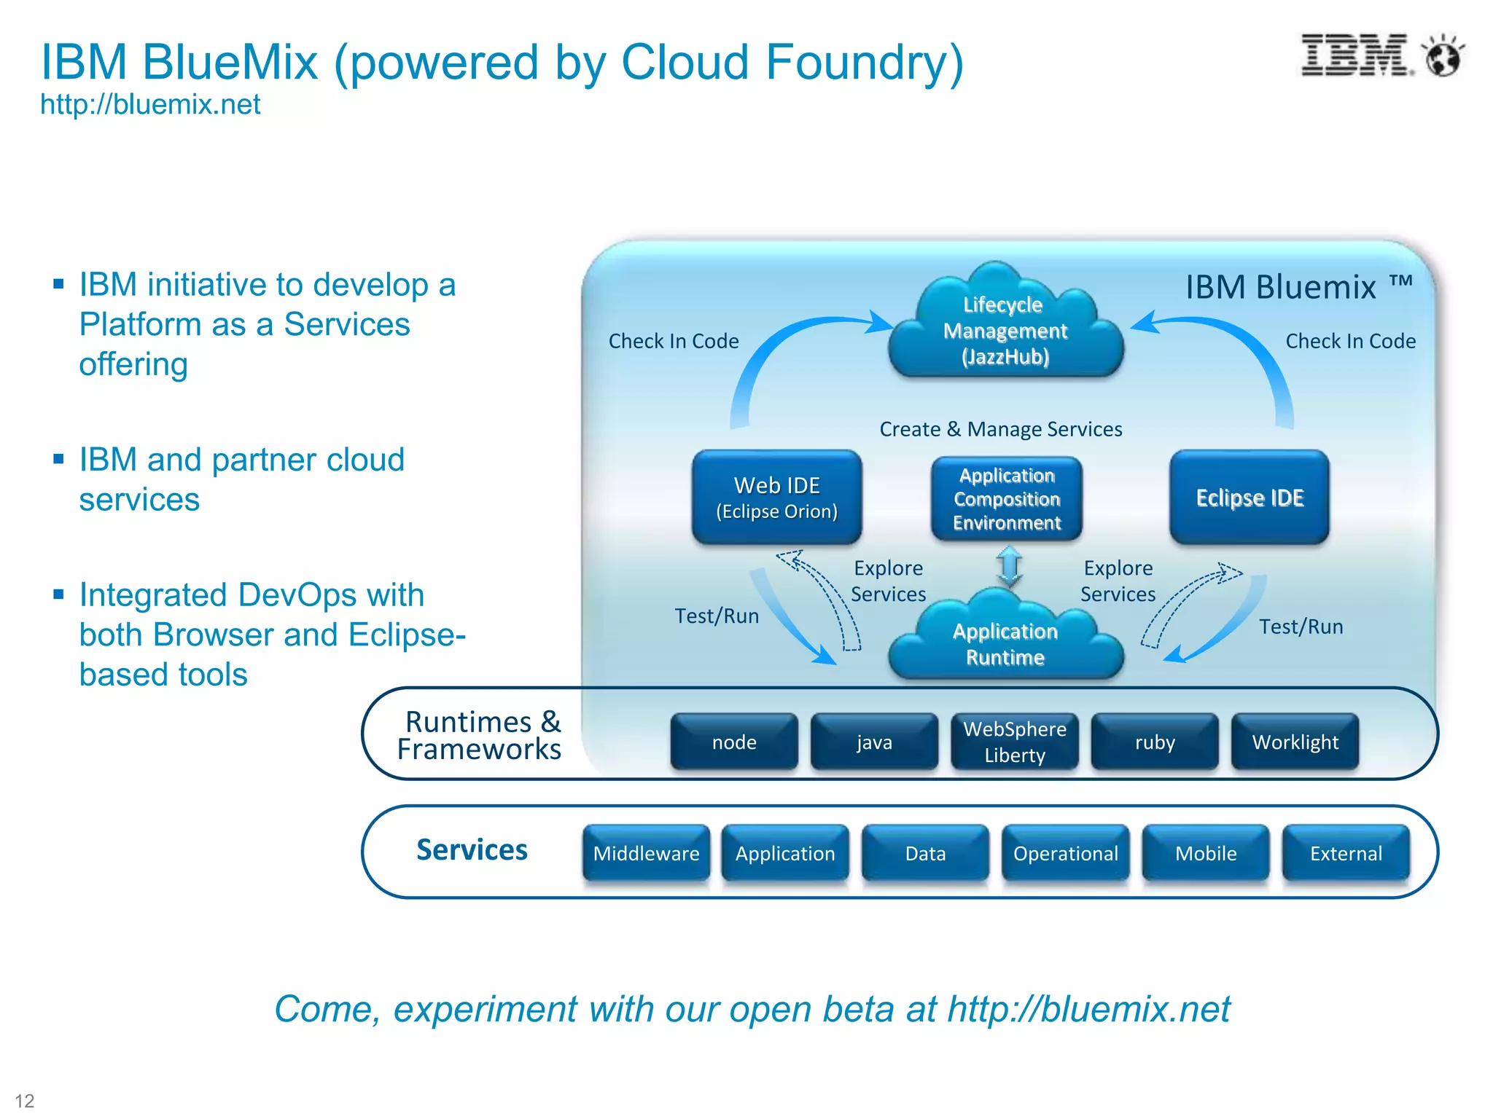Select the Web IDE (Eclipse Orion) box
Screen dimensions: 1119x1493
coord(777,498)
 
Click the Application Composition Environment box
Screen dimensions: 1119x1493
coord(1007,499)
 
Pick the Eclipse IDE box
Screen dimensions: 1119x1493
coord(1250,498)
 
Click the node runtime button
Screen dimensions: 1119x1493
coord(734,742)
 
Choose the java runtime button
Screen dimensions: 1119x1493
coord(874,742)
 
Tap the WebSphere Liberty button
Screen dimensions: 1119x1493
coord(1015,742)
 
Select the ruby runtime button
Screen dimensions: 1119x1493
coord(1155,742)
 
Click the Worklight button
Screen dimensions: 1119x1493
coord(1295,742)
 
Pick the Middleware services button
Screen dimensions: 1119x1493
coord(646,853)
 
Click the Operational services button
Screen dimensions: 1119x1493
coord(1066,853)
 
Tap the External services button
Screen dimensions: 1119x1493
coord(1346,853)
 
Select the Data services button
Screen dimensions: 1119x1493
coord(925,853)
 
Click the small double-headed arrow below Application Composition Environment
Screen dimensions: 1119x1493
coord(1010,567)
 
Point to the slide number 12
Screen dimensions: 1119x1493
coord(25,1100)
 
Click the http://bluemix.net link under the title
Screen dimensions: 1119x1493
coord(150,105)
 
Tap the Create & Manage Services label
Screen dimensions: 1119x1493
coord(1001,429)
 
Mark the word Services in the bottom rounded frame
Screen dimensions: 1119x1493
coord(472,850)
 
